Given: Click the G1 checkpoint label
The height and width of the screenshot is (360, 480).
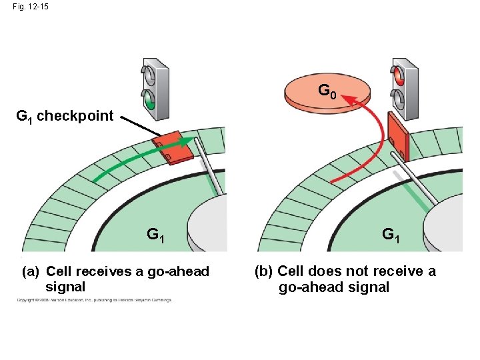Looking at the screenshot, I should pos(65,116).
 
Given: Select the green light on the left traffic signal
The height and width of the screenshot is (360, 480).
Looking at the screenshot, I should pos(150,102).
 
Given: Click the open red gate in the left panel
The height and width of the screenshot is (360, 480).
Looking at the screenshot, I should pos(173,149).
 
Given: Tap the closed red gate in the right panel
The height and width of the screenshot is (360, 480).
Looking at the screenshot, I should pos(398,139).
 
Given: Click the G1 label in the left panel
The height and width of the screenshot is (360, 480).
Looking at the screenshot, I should pos(157,235).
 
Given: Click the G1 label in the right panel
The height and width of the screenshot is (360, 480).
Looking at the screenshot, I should pos(391,235).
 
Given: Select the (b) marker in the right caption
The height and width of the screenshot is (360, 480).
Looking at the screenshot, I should pos(264,271).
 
